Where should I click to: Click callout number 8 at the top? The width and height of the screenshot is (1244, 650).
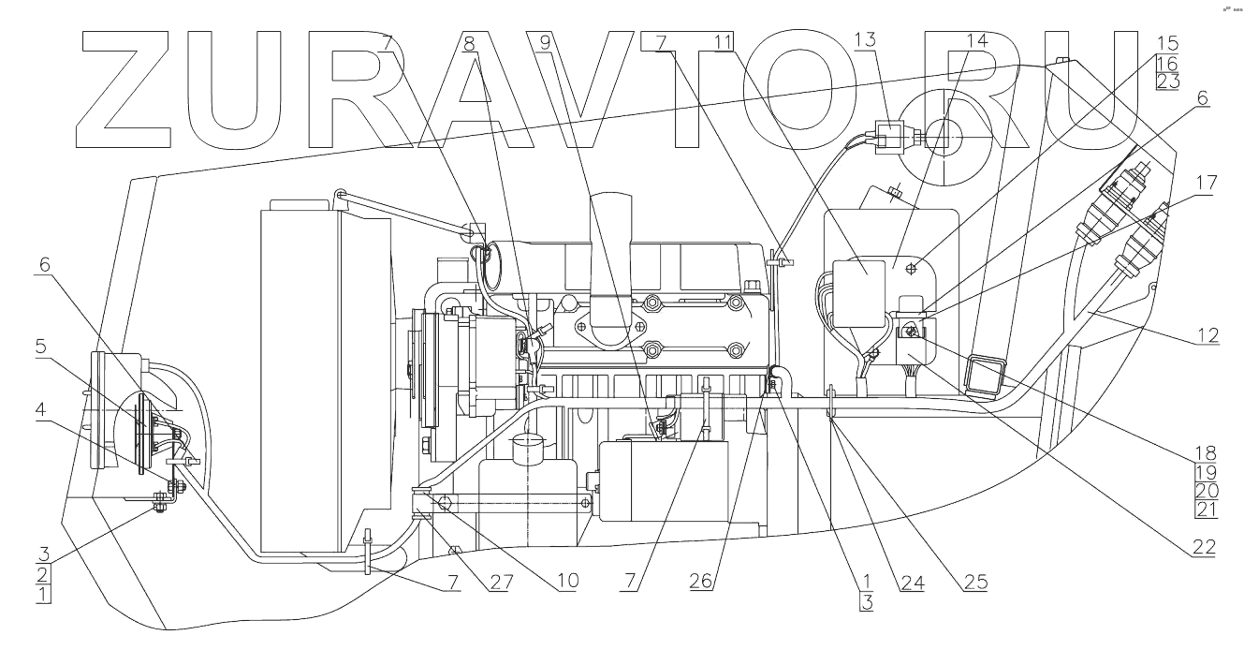click(x=469, y=42)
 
